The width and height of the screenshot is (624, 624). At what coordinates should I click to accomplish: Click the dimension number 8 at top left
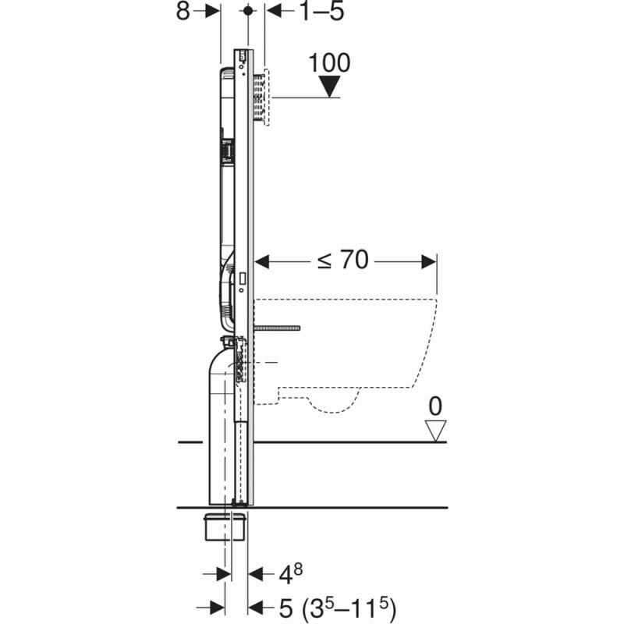tap(183, 11)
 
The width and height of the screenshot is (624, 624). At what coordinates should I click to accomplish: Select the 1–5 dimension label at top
tap(321, 11)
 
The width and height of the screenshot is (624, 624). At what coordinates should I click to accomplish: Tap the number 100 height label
tap(329, 63)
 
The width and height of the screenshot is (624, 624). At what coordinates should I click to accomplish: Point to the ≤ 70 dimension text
tap(343, 260)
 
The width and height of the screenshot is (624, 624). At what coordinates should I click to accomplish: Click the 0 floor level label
tap(435, 406)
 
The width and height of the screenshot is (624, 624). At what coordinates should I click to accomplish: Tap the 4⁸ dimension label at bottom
tap(290, 574)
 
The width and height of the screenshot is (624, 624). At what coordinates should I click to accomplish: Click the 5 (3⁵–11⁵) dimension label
tap(338, 608)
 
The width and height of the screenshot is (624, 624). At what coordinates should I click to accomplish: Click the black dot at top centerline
tap(248, 11)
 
